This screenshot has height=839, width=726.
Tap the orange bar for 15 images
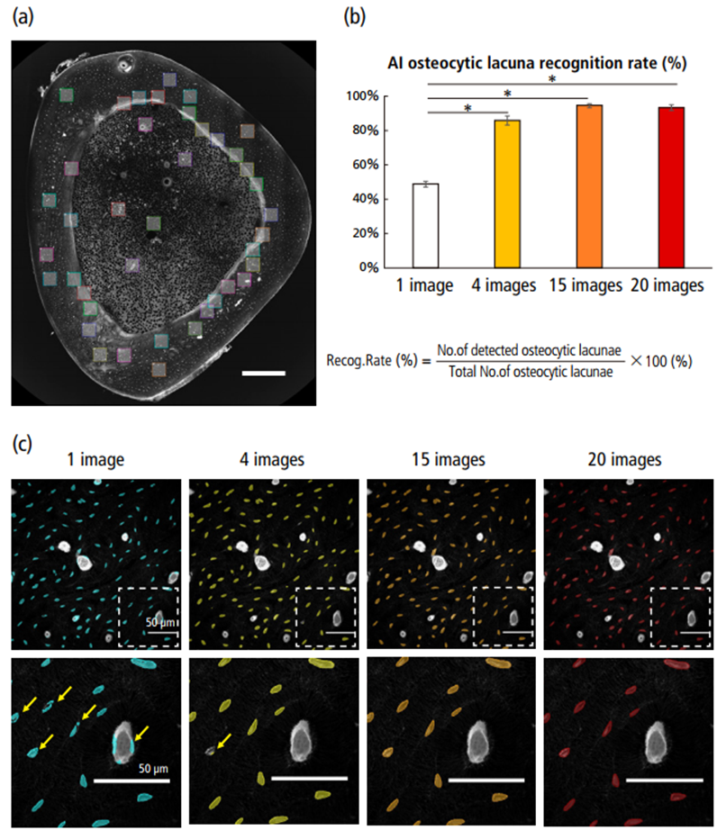(589, 186)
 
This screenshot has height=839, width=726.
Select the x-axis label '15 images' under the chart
(589, 286)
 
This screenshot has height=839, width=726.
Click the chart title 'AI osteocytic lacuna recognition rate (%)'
(538, 66)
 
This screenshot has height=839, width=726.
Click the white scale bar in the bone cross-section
(263, 372)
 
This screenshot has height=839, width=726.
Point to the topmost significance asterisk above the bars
(552, 80)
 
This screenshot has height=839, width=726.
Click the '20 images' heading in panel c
(630, 459)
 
